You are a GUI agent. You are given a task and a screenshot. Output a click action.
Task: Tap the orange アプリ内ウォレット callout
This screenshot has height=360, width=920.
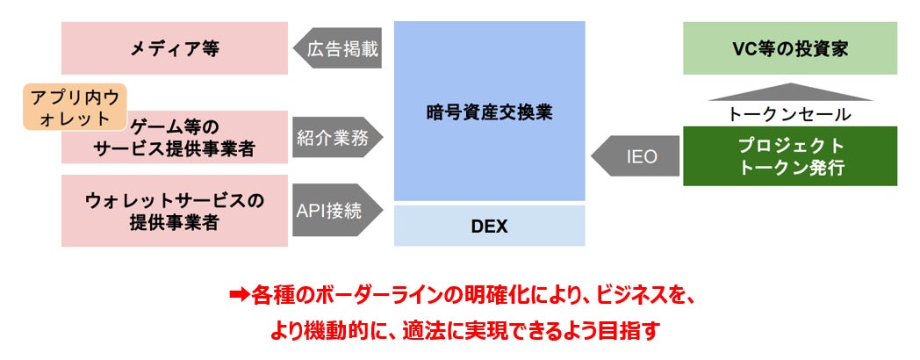pyautogui.click(x=75, y=108)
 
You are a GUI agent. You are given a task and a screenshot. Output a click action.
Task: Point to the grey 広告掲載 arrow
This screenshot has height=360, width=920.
pyautogui.click(x=337, y=49)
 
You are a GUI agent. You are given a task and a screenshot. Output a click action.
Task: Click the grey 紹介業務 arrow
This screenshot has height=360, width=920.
pyautogui.click(x=337, y=136)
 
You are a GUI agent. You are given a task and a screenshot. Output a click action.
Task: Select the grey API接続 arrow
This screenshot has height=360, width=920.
pyautogui.click(x=335, y=210)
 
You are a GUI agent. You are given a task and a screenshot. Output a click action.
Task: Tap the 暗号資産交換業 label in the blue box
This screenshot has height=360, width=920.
pyautogui.click(x=489, y=112)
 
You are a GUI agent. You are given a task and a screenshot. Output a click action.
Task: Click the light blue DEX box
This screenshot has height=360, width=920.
pyautogui.click(x=489, y=227)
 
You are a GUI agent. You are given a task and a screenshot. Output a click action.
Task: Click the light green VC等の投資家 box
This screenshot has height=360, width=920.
pyautogui.click(x=790, y=48)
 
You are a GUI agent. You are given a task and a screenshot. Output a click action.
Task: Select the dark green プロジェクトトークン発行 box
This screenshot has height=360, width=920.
pyautogui.click(x=790, y=156)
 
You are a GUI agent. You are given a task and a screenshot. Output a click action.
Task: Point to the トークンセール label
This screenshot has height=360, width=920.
pyautogui.click(x=790, y=114)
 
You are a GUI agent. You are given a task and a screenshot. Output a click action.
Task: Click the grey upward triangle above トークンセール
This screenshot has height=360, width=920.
pyautogui.click(x=790, y=92)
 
